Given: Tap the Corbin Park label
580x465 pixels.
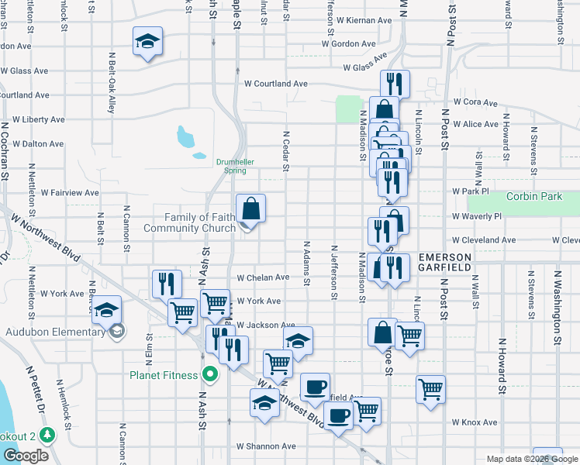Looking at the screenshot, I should (x=534, y=196).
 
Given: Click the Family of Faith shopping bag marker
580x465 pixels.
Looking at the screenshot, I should (x=250, y=209).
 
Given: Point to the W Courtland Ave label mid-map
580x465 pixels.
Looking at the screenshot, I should (x=276, y=84).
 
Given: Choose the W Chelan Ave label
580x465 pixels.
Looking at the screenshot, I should (x=263, y=277).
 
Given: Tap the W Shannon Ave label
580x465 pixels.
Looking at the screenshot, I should (x=267, y=446).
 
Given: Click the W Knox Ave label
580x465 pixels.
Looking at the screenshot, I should (x=475, y=422).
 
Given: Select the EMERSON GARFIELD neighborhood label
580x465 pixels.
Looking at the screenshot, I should (x=445, y=262).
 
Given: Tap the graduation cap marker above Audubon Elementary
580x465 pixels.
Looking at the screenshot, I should (x=107, y=310).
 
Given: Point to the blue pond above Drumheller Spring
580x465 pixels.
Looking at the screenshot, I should (x=185, y=137).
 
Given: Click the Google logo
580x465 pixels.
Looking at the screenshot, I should (x=25, y=456).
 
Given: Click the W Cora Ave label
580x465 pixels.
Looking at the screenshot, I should (x=475, y=102).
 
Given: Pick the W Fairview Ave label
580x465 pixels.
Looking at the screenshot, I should (x=70, y=192).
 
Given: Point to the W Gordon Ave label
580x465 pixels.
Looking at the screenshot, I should (x=350, y=44).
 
